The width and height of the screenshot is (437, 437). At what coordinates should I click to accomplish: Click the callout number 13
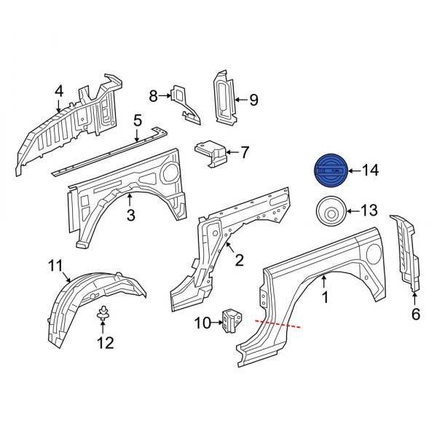(369, 211)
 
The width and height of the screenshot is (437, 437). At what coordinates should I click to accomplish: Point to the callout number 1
(326, 297)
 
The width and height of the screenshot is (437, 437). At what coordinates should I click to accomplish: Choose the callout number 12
(106, 342)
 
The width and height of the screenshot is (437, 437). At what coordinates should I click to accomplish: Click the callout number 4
(59, 91)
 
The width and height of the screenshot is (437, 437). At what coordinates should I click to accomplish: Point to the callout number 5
(137, 120)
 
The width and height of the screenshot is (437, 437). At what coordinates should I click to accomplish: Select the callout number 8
(153, 95)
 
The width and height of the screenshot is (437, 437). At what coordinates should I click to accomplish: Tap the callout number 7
(244, 153)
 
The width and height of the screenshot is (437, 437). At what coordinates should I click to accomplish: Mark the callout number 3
(131, 215)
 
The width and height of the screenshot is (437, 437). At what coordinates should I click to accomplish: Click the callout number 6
(416, 315)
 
